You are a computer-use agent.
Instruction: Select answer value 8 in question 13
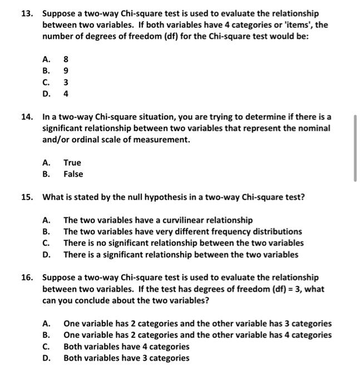pyautogui.click(x=66, y=59)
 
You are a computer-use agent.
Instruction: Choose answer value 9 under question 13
pyautogui.click(x=66, y=71)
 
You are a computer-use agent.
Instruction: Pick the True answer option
pyautogui.click(x=72, y=162)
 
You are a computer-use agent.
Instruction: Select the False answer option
pyautogui.click(x=73, y=174)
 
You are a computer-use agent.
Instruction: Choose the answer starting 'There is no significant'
pyautogui.click(x=183, y=243)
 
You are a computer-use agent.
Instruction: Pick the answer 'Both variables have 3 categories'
pyautogui.click(x=126, y=358)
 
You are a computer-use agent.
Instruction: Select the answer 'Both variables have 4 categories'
pyautogui.click(x=126, y=346)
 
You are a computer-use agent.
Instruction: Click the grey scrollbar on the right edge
pyautogui.click(x=354, y=148)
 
